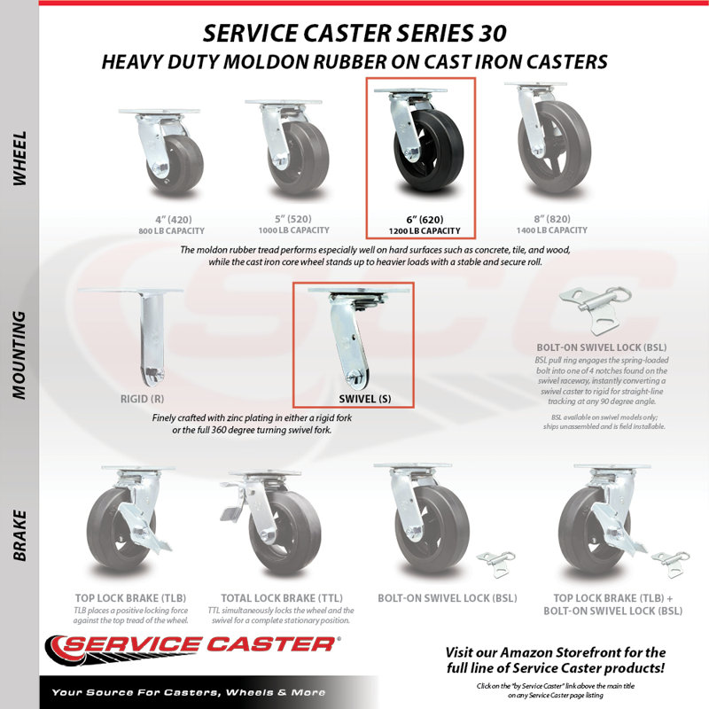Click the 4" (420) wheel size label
173,220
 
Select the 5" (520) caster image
287,148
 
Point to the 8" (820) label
551,219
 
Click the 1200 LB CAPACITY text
425,231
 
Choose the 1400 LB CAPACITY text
552,230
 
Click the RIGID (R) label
142,399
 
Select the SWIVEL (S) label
365,399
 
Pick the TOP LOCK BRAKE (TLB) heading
130,597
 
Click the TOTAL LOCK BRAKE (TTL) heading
282,597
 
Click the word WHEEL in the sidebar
19,159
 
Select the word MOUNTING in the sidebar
19,355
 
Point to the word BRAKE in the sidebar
19,536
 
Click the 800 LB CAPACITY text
172,231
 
